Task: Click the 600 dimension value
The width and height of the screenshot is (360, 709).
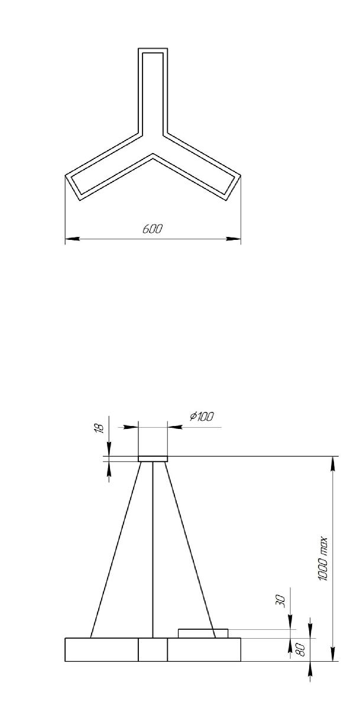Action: (152, 229)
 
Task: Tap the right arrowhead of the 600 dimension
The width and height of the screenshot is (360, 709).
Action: (235, 239)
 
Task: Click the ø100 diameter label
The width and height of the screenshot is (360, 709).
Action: (202, 417)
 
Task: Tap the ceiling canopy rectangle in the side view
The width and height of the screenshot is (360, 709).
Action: (153, 458)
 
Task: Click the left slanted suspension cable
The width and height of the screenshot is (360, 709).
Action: (116, 549)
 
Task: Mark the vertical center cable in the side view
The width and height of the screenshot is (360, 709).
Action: (153, 549)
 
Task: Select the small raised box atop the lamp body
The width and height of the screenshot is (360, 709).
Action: (203, 633)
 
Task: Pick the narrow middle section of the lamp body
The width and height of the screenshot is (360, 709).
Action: (153, 649)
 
